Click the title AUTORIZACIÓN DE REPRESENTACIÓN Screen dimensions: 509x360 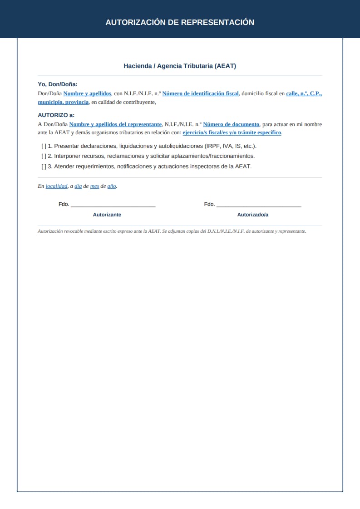pyautogui.click(x=180, y=22)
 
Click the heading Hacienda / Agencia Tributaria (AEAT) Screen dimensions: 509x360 pyautogui.click(x=180, y=66)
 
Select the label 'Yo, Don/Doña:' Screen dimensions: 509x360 pyautogui.click(x=58, y=84)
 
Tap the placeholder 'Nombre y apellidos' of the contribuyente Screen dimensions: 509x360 pyautogui.click(x=87, y=93)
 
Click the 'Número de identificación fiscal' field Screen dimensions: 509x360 pyautogui.click(x=200, y=93)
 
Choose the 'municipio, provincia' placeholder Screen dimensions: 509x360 pyautogui.click(x=63, y=102)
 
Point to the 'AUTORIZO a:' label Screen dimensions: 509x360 pyautogui.click(x=56, y=115)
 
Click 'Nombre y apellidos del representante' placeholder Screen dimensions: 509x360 pyautogui.click(x=115, y=124)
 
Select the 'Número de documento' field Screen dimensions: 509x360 pyautogui.click(x=231, y=124)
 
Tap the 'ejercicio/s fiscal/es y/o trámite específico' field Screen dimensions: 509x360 pyautogui.click(x=232, y=132)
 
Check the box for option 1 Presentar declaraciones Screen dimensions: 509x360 pyautogui.click(x=44, y=146)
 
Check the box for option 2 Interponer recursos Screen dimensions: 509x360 pyautogui.click(x=44, y=156)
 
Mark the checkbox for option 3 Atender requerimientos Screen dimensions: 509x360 pyautogui.click(x=44, y=166)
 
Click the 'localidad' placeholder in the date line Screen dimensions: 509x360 pyautogui.click(x=56, y=186)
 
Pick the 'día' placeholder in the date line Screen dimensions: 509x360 pyautogui.click(x=78, y=186)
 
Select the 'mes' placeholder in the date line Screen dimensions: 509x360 pyautogui.click(x=94, y=186)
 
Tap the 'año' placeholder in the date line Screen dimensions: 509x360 pyautogui.click(x=112, y=186)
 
